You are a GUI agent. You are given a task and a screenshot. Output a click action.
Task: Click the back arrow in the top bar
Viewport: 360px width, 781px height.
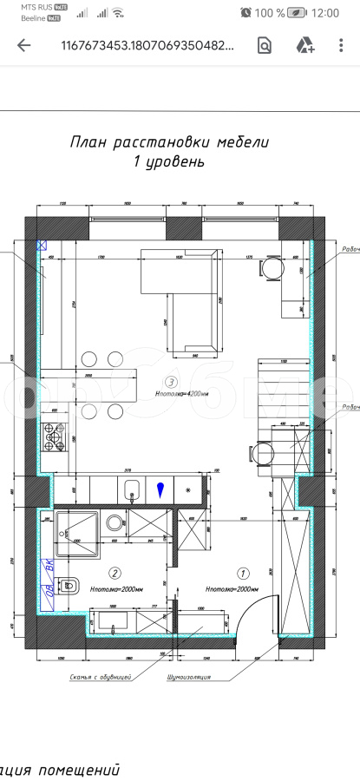[23, 46]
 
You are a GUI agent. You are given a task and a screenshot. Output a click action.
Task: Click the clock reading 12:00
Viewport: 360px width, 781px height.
[324, 13]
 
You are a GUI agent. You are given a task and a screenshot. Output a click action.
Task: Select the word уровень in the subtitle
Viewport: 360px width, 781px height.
[179, 162]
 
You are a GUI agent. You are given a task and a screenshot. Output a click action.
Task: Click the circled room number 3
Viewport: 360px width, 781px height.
[171, 382]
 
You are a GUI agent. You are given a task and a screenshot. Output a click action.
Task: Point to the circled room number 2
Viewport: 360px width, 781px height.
[114, 572]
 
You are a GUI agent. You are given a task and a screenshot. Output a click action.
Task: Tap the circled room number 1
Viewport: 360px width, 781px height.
[243, 573]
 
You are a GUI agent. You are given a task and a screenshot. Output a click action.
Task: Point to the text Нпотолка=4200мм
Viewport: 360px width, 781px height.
[179, 393]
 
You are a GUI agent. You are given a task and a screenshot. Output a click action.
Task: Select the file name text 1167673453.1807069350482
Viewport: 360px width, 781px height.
[147, 46]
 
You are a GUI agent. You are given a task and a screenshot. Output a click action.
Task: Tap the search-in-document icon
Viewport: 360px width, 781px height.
[265, 46]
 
